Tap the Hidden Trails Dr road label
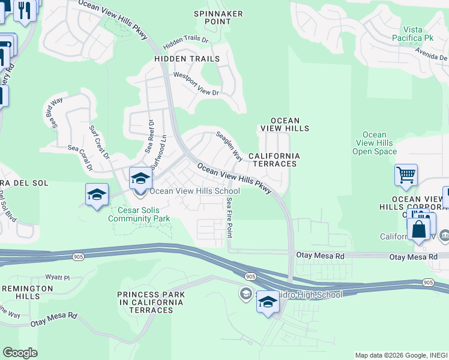click(185, 43)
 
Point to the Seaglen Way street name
click(229, 146)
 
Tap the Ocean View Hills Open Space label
click(375, 143)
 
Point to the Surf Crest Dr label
click(100, 143)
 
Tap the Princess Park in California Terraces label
click(151, 302)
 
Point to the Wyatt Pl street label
click(58, 278)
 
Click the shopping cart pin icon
click(406, 175)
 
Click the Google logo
click(20, 352)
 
